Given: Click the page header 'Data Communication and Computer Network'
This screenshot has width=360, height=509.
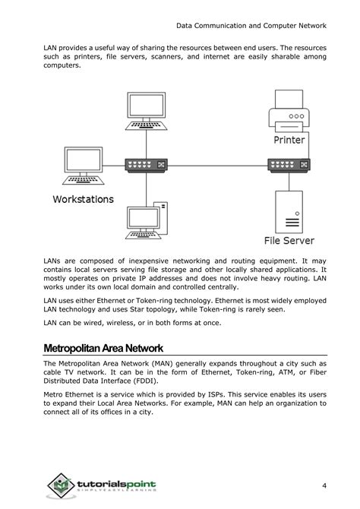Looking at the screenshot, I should click(251, 26).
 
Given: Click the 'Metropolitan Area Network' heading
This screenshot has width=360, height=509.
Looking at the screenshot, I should click(103, 348).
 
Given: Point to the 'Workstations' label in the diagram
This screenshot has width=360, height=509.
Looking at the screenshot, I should click(83, 199).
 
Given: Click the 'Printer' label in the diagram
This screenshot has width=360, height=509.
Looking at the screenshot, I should click(289, 140).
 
